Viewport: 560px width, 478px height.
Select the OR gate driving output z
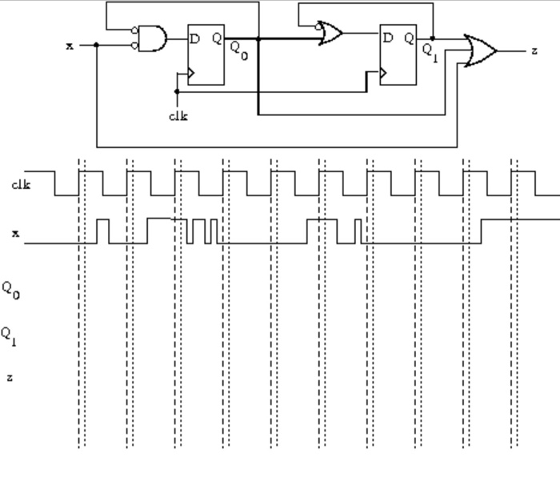coord(480,50)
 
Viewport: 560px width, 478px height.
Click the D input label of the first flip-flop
coord(194,38)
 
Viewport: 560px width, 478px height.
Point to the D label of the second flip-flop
coord(388,38)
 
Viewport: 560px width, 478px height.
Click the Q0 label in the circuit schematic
coord(239,47)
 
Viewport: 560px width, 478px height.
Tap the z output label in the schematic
coord(534,51)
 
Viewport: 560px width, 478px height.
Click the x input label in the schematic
coord(70,46)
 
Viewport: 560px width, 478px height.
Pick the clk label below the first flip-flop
coord(178,115)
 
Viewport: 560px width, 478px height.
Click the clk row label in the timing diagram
coord(21,186)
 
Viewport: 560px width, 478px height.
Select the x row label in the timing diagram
coord(15,234)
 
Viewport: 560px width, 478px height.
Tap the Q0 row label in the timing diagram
coord(10,289)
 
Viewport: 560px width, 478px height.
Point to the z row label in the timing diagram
coord(10,376)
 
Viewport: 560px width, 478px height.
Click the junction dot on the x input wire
coord(97,45)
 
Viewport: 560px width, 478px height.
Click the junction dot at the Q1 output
coord(433,38)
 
